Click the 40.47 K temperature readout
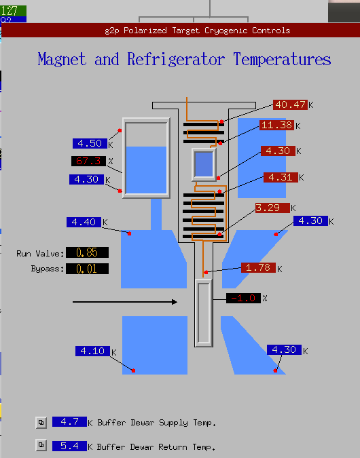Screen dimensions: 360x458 coord(290,104)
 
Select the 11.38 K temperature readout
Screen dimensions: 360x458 coord(276,125)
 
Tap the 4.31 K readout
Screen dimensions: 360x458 coord(281,177)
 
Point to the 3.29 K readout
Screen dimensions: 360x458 coord(272,208)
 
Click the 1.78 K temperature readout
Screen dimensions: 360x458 coord(258,267)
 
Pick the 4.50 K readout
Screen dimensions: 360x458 coord(90,143)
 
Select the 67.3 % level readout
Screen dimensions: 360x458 coord(88,161)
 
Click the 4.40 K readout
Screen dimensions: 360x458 coord(84,222)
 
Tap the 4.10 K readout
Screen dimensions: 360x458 coord(92,351)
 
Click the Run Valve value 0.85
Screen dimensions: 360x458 coord(87,252)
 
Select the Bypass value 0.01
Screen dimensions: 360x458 coord(87,269)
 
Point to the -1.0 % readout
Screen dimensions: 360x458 coord(243,299)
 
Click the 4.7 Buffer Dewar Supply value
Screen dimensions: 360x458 coord(69,422)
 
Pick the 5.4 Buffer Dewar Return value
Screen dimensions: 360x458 coord(69,446)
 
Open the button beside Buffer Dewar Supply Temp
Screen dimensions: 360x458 coord(41,423)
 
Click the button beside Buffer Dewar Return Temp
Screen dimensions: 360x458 coord(41,445)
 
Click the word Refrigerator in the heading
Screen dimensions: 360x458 coord(176,59)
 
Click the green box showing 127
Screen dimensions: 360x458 coord(13,11)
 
